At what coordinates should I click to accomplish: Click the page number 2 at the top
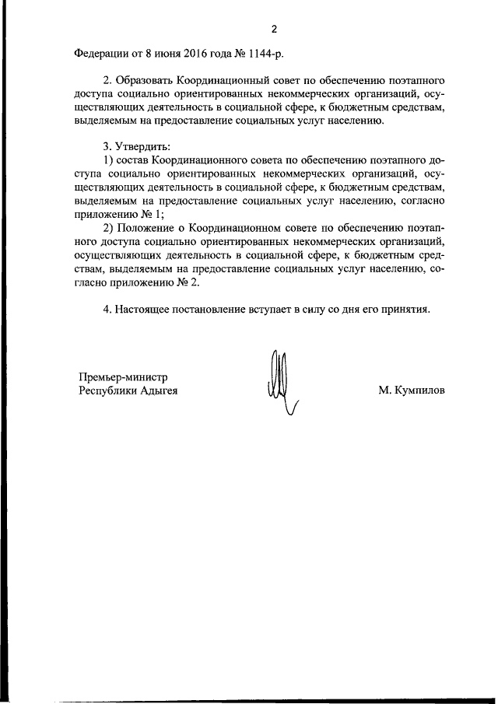pos(274,30)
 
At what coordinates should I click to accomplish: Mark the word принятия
pos(403,309)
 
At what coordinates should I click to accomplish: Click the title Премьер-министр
pos(124,377)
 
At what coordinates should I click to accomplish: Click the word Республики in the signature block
pos(107,391)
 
